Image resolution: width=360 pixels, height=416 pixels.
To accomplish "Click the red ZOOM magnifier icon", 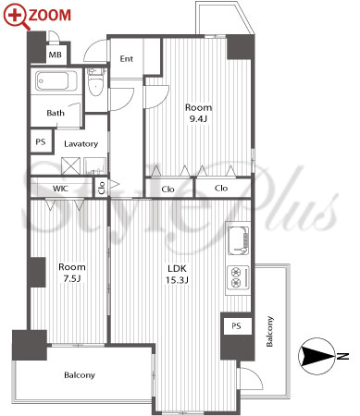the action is coord(16,17).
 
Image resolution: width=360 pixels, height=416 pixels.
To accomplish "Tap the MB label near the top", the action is coord(56,55).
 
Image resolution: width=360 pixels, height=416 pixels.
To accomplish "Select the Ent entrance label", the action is coord(127,58).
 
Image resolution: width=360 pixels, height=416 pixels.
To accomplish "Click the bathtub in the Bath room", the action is coord(56,80).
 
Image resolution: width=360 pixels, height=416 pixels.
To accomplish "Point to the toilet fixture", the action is coord(96,81).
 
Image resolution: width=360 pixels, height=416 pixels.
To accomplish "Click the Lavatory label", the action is coord(81,144).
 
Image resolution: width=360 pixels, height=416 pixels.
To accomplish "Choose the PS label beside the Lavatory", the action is coord(41,142).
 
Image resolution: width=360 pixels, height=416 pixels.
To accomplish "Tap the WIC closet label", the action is coord(60,189).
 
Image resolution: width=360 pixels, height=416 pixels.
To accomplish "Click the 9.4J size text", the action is coord(198,119).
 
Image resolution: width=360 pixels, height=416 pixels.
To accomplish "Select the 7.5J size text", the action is coord(72,279).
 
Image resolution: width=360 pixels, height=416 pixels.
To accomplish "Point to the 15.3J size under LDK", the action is coord(177,280).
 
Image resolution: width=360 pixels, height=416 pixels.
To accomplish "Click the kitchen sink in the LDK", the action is coord(238,240).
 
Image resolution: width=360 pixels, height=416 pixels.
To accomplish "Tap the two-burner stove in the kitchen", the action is coord(238,277).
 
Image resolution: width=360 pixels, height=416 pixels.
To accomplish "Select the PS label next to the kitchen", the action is coord(236,325).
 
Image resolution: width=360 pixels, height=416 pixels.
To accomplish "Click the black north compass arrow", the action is coord(317,356).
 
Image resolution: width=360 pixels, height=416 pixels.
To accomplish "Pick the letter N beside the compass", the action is coord(342,356).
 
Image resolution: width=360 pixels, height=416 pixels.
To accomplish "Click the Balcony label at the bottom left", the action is coord(80,375).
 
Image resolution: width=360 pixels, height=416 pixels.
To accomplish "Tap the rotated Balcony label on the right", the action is coord(269,331).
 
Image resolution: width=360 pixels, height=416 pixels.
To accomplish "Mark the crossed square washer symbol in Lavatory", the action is coord(70,166).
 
